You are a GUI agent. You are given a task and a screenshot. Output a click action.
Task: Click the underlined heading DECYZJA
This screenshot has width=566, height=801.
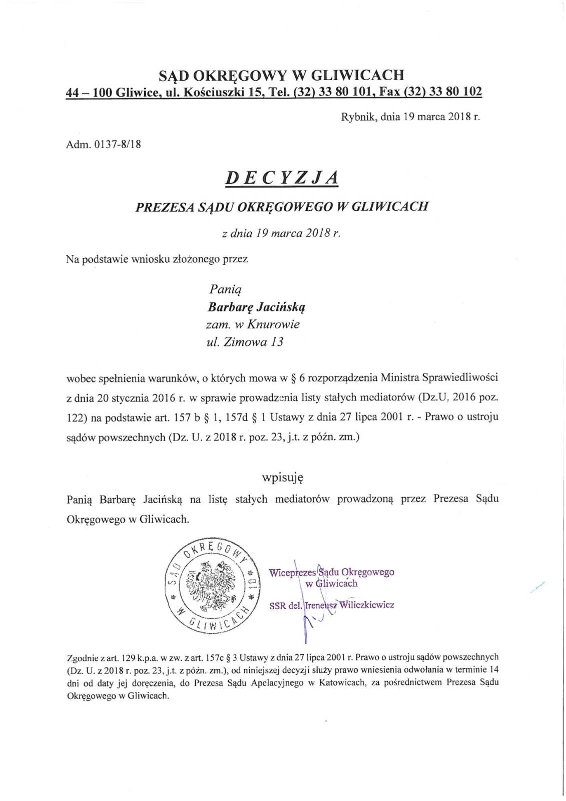click(x=282, y=177)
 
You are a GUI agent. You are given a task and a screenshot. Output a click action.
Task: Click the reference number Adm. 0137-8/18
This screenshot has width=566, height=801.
click(x=103, y=145)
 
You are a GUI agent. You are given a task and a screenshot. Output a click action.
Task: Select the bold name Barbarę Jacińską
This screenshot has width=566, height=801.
click(x=257, y=306)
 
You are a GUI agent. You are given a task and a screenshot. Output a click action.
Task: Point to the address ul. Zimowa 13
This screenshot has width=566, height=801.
click(x=245, y=342)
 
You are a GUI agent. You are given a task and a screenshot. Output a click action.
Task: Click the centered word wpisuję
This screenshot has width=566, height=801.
click(x=283, y=477)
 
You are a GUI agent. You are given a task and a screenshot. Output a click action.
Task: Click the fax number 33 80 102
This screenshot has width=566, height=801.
click(x=457, y=92)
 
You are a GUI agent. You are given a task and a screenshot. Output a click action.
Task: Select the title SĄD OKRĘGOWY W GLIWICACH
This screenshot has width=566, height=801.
click(x=281, y=75)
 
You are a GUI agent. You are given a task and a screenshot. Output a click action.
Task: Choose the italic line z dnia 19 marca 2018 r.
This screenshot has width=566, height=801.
click(x=281, y=233)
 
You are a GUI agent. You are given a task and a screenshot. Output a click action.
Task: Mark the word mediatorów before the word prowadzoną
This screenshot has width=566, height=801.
click(x=302, y=499)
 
